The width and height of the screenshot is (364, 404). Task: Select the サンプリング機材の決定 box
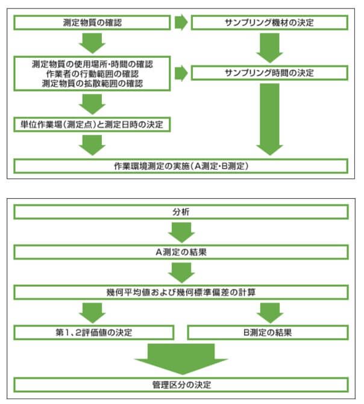tap(269, 23)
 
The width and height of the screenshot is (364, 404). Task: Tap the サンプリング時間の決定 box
tap(269, 73)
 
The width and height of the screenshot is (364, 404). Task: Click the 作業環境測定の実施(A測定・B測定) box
tap(181, 165)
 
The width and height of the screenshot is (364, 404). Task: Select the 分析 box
tap(181, 213)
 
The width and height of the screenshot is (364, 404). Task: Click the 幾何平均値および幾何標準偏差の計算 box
tap(181, 292)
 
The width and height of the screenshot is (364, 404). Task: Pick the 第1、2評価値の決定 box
tap(93, 331)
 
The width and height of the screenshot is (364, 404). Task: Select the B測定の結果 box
tap(268, 331)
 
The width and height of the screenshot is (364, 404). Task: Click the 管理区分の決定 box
tap(181, 384)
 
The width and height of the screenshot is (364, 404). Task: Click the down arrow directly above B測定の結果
tap(269, 312)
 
